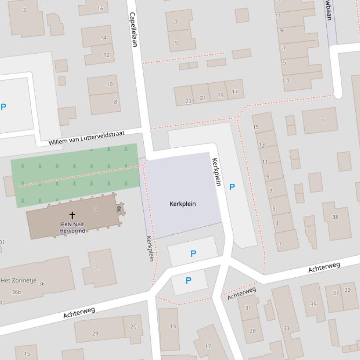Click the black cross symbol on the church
pyautogui.click(x=72, y=215)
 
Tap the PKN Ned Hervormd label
pyautogui.click(x=72, y=227)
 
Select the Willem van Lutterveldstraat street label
pyautogui.click(x=87, y=138)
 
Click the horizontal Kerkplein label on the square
pyautogui.click(x=183, y=204)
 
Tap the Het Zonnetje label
pyautogui.click(x=19, y=281)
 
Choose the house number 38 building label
pyautogui.click(x=335, y=216)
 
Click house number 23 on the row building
pyautogui.click(x=188, y=101)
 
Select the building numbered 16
pyautogui.click(x=100, y=8)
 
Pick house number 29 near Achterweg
pyautogui.click(x=95, y=333)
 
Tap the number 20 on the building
pyautogui.click(x=133, y=327)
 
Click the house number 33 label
pyautogui.click(x=286, y=328)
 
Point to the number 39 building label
pyautogui.click(x=347, y=290)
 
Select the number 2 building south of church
pyautogui.click(x=96, y=268)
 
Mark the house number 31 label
pyautogui.click(x=248, y=308)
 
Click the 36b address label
pyautogui.click(x=16, y=292)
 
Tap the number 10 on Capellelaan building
pyautogui.click(x=110, y=85)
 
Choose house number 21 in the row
pyautogui.click(x=203, y=98)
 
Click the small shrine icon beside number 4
pyautogui.click(x=119, y=210)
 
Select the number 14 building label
pyautogui.click(x=103, y=37)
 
